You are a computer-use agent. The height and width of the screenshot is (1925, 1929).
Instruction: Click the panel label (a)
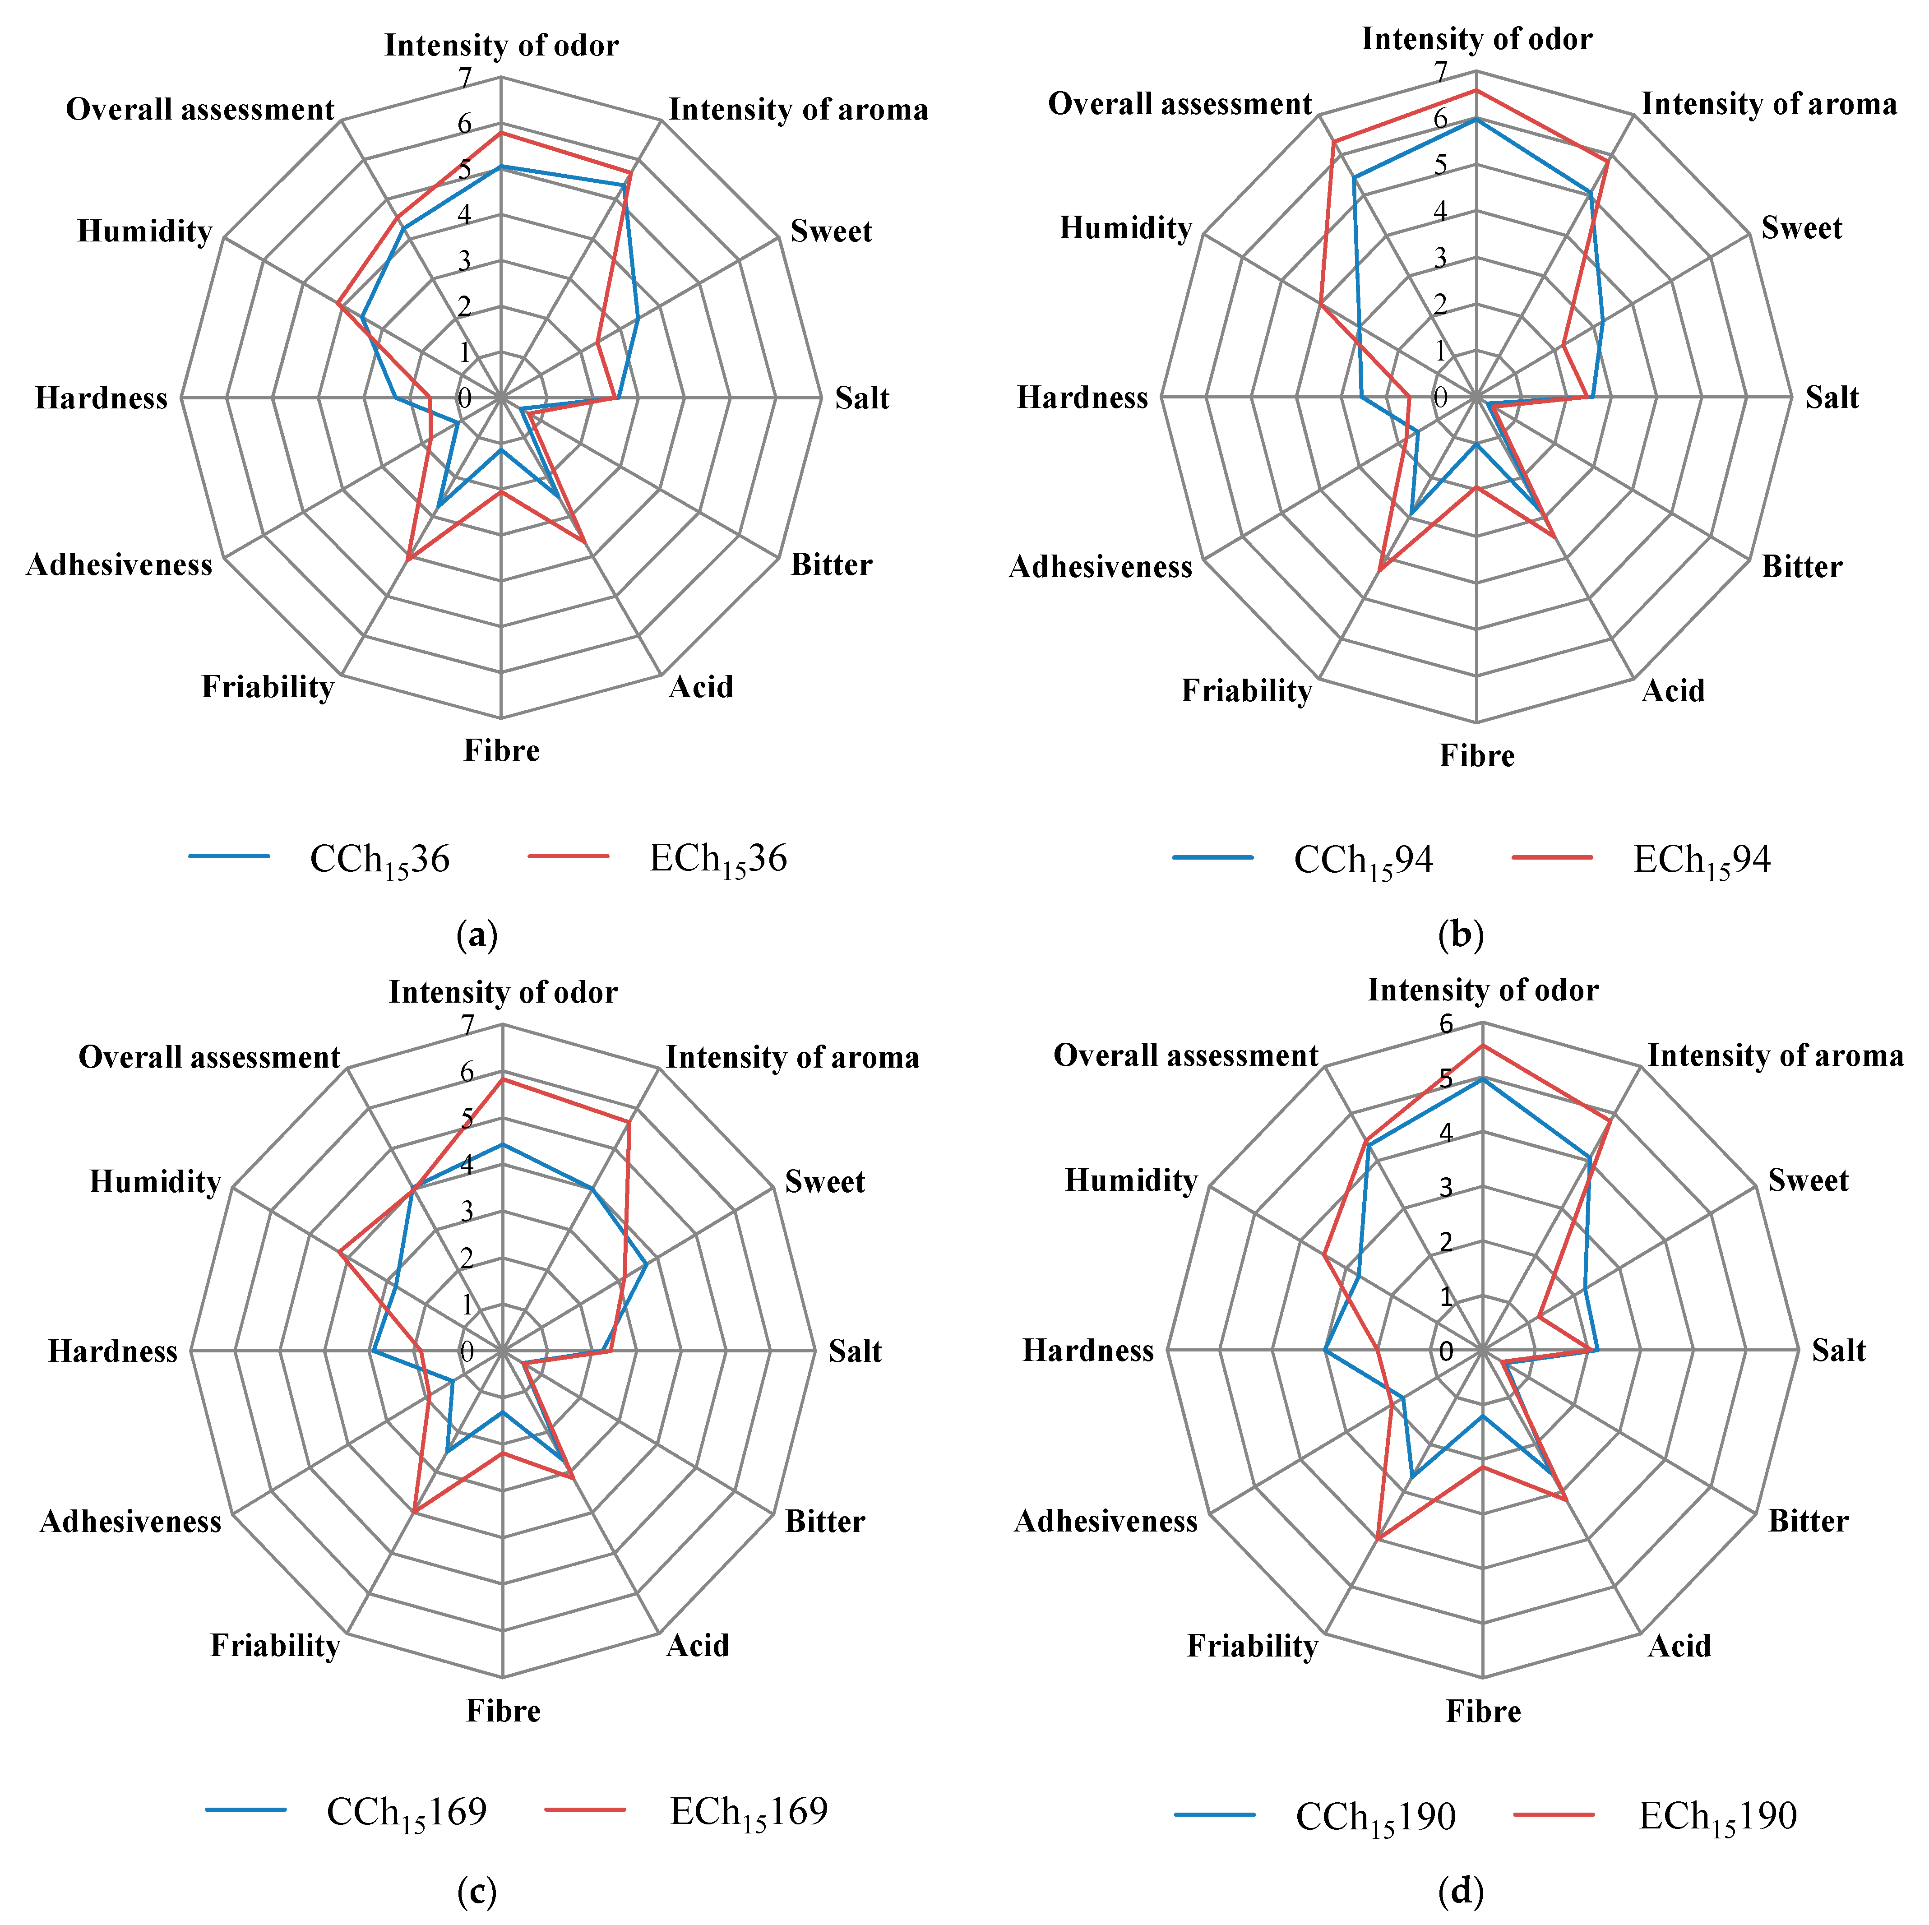click(476, 935)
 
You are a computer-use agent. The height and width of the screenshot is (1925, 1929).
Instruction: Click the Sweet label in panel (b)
click(1801, 229)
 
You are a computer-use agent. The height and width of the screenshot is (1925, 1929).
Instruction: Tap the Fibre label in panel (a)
click(501, 751)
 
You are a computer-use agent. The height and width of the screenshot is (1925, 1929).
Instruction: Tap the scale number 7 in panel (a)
click(464, 77)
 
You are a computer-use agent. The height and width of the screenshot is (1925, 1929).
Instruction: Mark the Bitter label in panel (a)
click(831, 565)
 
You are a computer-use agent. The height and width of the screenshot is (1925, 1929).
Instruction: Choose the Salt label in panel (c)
click(855, 1352)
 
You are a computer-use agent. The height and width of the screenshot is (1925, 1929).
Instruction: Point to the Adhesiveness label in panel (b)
click(1100, 567)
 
